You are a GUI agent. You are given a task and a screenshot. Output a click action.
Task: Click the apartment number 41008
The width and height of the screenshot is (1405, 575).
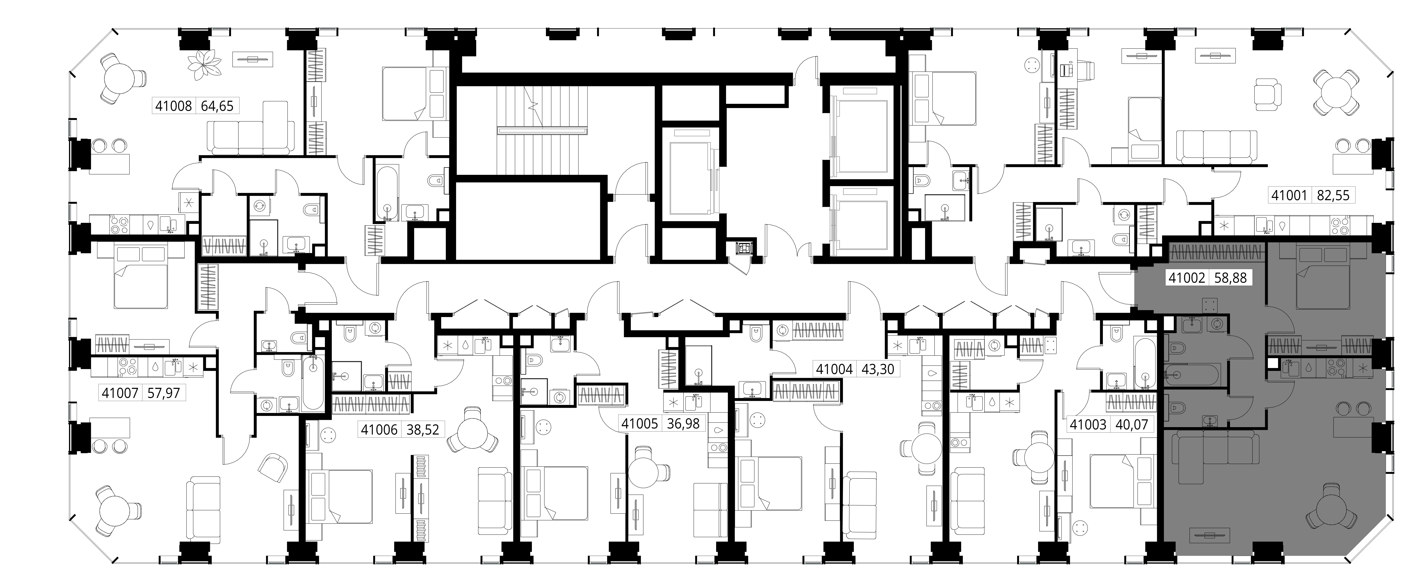(x=173, y=106)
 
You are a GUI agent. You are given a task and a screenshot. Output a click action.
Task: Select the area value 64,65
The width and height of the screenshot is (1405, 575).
(x=217, y=106)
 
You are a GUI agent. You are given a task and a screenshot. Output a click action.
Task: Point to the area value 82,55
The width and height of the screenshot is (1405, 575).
(x=1333, y=195)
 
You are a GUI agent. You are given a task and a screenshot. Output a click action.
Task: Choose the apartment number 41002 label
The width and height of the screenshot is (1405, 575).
(x=1187, y=278)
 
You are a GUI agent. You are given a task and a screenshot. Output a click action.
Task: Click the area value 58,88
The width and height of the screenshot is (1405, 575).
(x=1230, y=278)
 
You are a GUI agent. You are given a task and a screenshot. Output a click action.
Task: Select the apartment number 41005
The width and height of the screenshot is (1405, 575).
(x=640, y=423)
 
